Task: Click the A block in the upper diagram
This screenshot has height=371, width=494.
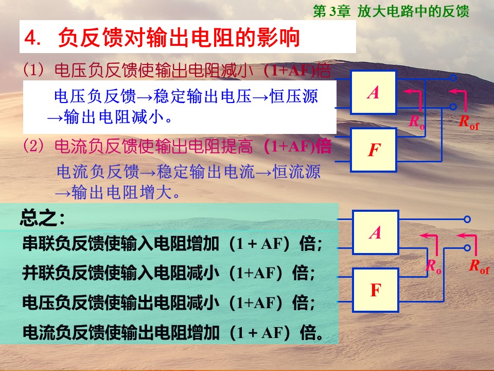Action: click(x=374, y=92)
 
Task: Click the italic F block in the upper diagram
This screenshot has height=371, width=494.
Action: click(x=374, y=150)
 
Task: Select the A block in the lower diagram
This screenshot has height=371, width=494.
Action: click(x=376, y=232)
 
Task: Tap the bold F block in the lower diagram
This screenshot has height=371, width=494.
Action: click(x=376, y=290)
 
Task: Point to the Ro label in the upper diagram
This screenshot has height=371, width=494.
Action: click(x=416, y=122)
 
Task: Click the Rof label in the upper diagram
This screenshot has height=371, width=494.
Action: click(x=468, y=122)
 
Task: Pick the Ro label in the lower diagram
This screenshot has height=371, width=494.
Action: click(x=433, y=266)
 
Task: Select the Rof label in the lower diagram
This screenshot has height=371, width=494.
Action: click(x=479, y=266)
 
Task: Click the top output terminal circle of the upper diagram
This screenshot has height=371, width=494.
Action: click(x=453, y=78)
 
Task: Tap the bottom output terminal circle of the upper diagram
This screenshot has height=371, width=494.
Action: click(x=453, y=107)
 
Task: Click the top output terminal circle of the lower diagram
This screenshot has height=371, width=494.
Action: click(x=467, y=219)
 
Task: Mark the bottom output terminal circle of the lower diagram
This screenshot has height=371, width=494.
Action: click(x=467, y=248)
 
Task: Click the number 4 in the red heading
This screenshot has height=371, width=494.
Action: click(x=30, y=38)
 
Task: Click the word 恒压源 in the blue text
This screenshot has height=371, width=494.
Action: click(x=294, y=96)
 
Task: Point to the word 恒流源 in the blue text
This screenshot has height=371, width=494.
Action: click(x=296, y=172)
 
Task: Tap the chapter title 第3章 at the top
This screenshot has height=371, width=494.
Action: click(x=331, y=11)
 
